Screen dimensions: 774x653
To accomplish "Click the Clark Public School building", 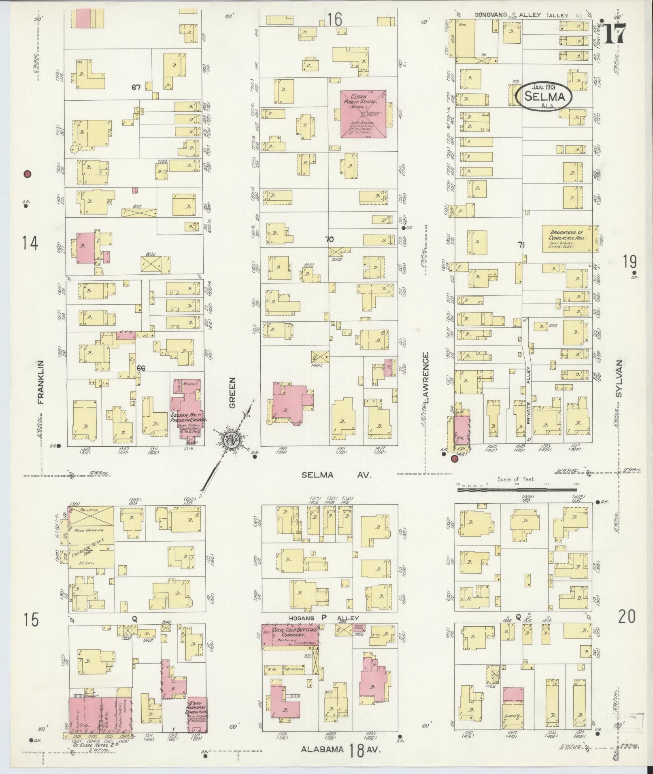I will pyautogui.click(x=363, y=114).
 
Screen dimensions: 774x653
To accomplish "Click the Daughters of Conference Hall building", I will pyautogui.click(x=570, y=239).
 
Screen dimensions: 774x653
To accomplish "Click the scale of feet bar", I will pyautogui.click(x=517, y=490).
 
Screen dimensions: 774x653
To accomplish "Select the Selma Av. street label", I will pyautogui.click(x=336, y=476).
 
